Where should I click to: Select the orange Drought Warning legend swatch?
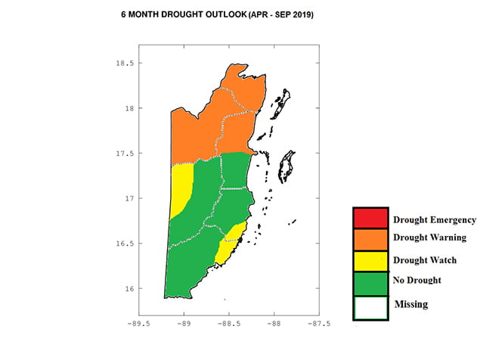point(370,239)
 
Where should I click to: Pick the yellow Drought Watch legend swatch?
point(370,260)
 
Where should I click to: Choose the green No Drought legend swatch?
point(370,281)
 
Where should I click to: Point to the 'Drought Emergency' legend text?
point(434,220)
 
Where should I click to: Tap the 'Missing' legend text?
point(411,304)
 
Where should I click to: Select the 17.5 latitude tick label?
point(123,154)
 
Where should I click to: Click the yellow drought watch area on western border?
point(181,189)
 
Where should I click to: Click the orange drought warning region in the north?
point(215,121)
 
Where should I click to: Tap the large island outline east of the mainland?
point(286,166)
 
